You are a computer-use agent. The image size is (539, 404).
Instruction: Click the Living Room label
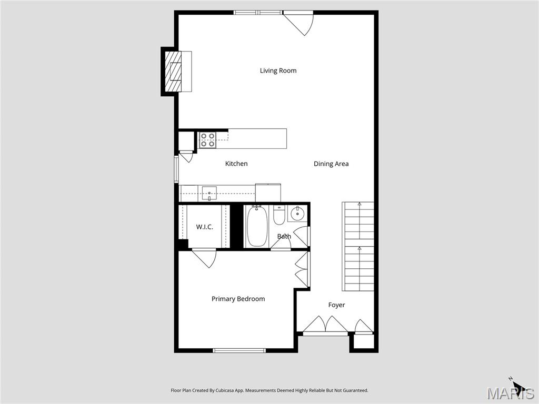tap(278, 70)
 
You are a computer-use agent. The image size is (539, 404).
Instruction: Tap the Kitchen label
tap(236, 164)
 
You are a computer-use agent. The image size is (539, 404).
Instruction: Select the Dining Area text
tap(331, 164)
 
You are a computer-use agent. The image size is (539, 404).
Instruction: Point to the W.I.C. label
tap(204, 227)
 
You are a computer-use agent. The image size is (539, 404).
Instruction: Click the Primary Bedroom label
tap(238, 299)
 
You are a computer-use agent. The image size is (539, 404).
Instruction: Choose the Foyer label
tap(336, 305)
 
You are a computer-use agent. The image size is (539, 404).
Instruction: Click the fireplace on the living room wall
tap(173, 72)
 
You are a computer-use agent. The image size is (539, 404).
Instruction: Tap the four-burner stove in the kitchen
tap(207, 140)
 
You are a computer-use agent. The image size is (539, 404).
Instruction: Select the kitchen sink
tap(209, 194)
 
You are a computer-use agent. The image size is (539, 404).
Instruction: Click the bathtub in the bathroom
tap(257, 227)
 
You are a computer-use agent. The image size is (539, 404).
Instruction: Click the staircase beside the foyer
tap(358, 246)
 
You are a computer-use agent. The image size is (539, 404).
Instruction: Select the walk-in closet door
tap(204, 257)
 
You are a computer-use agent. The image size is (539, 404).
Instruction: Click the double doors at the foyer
tap(325, 325)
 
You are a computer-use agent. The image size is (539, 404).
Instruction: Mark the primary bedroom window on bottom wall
tap(239, 350)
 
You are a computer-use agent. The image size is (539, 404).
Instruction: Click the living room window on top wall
tap(257, 12)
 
